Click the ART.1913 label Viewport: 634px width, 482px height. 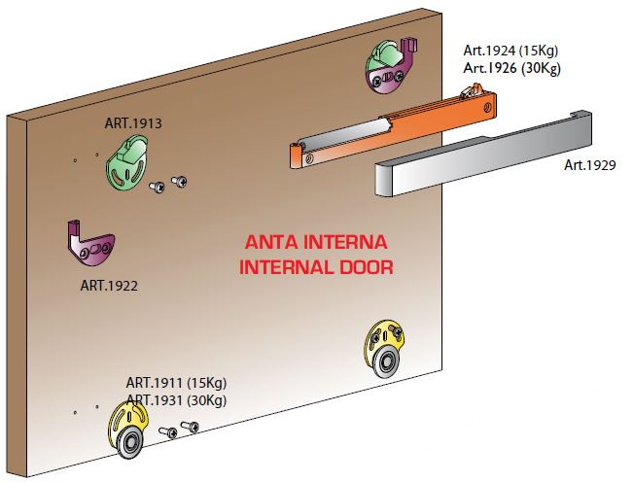[x=133, y=123]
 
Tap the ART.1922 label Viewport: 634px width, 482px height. [x=109, y=286]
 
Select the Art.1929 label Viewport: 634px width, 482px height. [x=590, y=165]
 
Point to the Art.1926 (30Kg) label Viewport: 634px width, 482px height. [x=511, y=68]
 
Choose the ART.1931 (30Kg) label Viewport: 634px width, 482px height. [x=176, y=399]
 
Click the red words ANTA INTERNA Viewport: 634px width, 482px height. [x=316, y=242]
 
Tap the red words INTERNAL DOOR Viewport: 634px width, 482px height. [x=316, y=266]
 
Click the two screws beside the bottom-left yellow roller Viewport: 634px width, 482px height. [x=180, y=429]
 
